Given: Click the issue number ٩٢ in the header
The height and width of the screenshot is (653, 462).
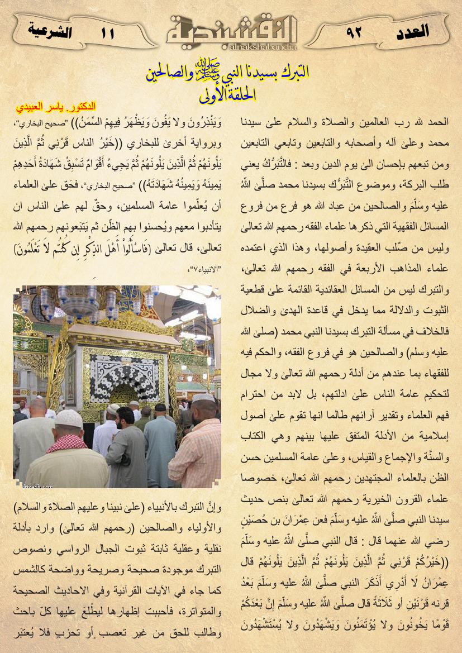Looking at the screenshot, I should pos(354,33).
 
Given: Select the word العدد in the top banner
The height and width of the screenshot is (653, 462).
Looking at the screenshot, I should pos(412,31).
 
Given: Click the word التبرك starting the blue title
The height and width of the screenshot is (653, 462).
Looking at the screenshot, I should pos(293,73).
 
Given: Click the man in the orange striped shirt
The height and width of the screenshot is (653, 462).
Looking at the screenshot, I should pos(196,447).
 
